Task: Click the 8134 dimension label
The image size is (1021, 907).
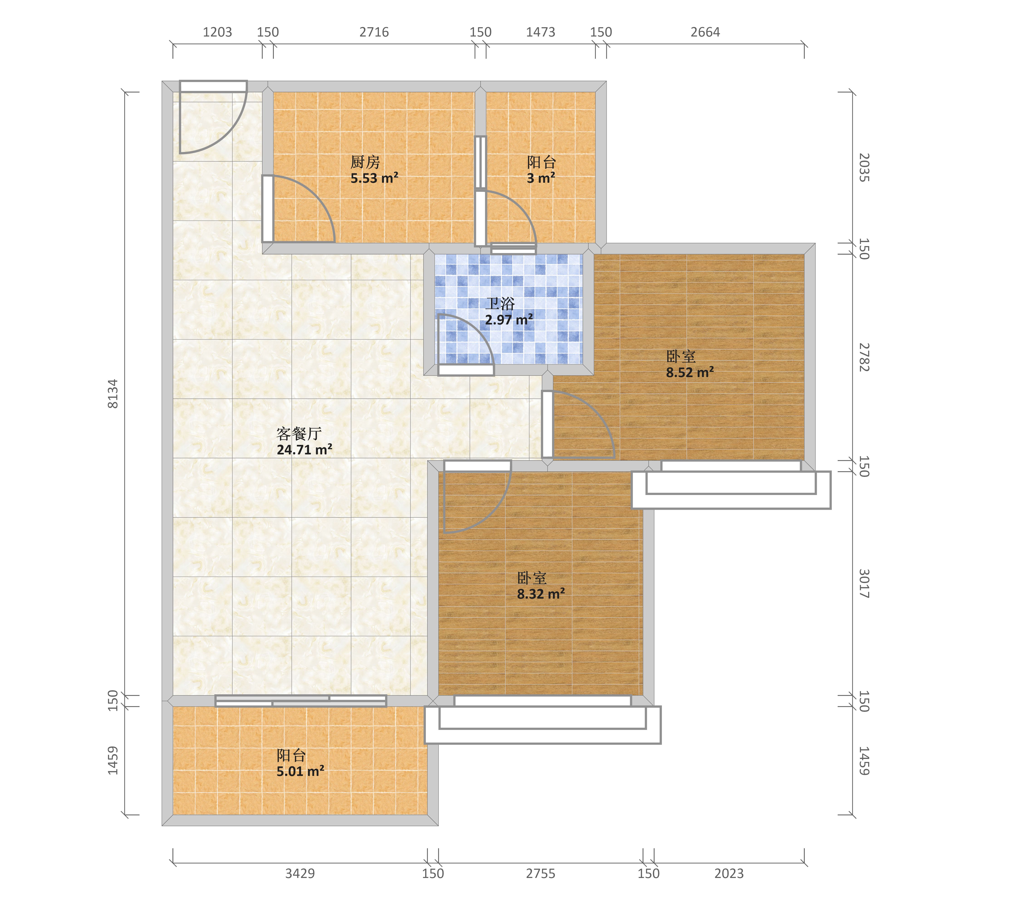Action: click(113, 394)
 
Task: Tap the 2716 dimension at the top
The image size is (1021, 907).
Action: click(374, 32)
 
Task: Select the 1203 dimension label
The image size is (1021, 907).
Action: click(217, 32)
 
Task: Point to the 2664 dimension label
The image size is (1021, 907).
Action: click(705, 32)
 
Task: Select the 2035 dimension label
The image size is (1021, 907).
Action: click(864, 168)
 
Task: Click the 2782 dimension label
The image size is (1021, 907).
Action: click(864, 357)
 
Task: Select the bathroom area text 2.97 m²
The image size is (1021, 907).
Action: click(509, 320)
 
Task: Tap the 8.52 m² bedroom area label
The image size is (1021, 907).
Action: click(690, 372)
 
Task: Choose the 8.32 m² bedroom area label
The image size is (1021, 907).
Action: click(541, 594)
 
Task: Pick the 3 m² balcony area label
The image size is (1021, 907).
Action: click(541, 178)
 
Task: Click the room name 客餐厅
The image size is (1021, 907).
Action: click(299, 433)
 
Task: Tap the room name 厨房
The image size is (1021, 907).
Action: click(365, 162)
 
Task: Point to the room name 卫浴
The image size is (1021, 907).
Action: click(500, 303)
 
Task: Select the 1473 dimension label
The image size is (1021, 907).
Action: click(540, 32)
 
